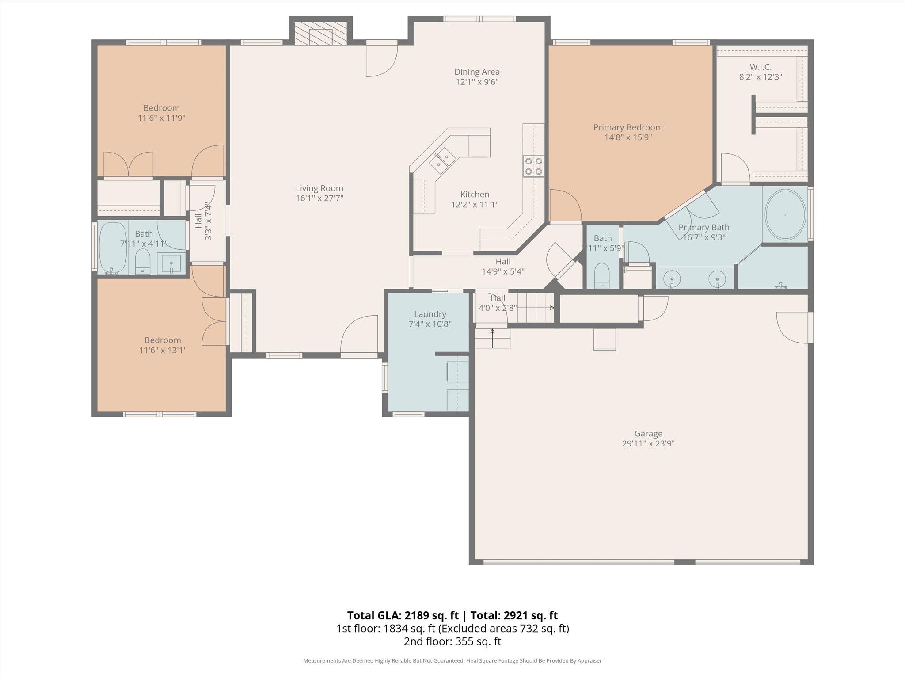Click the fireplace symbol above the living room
click(320, 33)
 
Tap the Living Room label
click(319, 188)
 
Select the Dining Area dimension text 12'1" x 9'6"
click(477, 82)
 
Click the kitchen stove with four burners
click(533, 167)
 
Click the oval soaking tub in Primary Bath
click(785, 215)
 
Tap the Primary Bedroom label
click(627, 127)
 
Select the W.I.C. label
click(761, 67)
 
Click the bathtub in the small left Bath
click(112, 247)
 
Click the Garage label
click(648, 434)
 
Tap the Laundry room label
click(430, 314)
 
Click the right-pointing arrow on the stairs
click(551, 308)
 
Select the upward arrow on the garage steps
click(492, 331)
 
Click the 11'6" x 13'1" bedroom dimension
click(163, 350)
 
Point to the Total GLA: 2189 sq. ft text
click(403, 615)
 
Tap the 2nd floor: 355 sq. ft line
click(452, 641)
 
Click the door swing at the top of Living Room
click(381, 59)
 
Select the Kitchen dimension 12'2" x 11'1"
click(475, 204)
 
